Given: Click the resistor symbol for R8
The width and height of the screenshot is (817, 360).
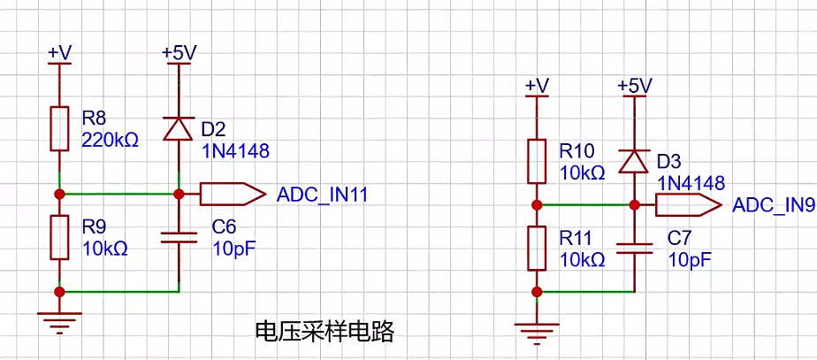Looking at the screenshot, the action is (x=59, y=128).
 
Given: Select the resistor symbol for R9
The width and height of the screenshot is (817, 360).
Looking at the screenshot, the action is (x=59, y=237).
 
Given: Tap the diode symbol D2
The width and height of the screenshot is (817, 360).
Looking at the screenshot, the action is (x=179, y=128).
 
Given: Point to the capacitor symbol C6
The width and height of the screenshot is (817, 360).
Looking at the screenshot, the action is (x=179, y=238).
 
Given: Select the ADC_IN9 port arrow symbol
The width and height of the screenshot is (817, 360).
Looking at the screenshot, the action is (x=689, y=204).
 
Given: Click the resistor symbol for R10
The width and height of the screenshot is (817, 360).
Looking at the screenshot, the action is (x=537, y=161).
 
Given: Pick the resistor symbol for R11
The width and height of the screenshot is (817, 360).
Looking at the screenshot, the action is (x=537, y=248).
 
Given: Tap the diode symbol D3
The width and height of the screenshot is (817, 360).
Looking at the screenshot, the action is (x=634, y=161).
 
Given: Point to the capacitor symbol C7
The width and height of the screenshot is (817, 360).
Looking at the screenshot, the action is (x=634, y=249).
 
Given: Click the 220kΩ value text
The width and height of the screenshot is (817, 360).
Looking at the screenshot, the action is (x=111, y=141).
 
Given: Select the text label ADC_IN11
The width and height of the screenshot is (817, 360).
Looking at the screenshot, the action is (x=323, y=195).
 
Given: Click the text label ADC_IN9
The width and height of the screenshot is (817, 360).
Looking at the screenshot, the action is (x=774, y=205).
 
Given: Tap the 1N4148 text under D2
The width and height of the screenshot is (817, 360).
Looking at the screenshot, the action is (x=235, y=151).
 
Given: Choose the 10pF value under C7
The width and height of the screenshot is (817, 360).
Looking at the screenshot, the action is (x=690, y=259).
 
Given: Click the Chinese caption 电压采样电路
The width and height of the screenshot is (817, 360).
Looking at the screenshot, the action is (x=325, y=332).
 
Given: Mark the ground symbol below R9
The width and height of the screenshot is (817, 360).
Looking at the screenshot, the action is (x=59, y=323).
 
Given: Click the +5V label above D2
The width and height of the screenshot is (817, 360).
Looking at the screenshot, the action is (x=179, y=53).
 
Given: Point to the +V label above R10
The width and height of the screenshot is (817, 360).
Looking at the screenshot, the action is (x=538, y=86).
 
